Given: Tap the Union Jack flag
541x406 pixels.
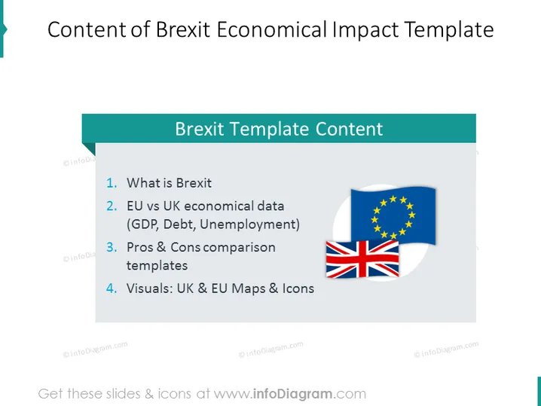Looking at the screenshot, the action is [362, 259].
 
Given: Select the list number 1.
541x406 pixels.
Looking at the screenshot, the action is [112, 183].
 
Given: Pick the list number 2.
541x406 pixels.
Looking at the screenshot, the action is [112, 206].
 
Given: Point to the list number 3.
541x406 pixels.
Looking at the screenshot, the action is [112, 247].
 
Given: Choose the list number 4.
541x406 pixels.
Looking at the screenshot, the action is [112, 288].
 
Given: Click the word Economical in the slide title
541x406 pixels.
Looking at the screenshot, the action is [271, 29].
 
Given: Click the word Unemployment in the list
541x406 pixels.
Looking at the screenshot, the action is [250, 224].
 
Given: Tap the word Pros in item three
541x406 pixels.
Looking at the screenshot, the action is [139, 247].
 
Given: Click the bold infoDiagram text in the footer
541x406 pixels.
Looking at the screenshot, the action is [293, 394].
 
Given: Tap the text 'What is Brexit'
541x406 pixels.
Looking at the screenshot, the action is [169, 183].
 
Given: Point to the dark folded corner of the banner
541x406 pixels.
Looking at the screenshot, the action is [90, 148].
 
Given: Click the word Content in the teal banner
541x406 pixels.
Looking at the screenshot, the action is [349, 129].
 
